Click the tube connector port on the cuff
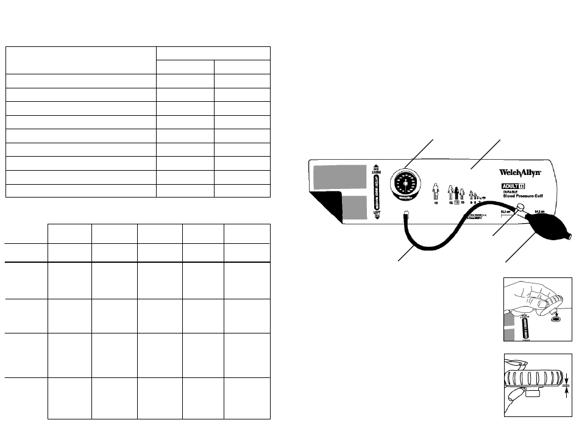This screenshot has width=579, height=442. tap(405, 213)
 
